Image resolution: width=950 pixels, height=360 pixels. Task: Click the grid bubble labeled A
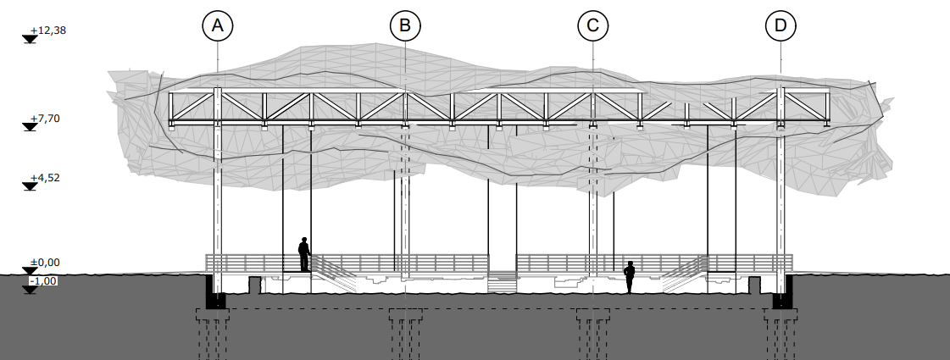(218, 25)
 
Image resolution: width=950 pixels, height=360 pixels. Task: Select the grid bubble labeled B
(405, 25)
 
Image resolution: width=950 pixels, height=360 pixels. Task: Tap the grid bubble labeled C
(592, 25)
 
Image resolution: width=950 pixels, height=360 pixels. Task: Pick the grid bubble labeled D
(780, 25)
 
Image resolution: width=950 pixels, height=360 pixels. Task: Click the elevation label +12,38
(47, 30)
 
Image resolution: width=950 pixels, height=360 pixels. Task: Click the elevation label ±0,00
(44, 263)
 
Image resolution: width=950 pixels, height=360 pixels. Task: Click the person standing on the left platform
(304, 254)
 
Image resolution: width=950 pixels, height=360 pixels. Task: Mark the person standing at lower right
(630, 277)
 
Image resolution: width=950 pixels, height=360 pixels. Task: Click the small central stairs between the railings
(503, 282)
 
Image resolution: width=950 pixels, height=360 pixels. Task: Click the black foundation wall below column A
(214, 292)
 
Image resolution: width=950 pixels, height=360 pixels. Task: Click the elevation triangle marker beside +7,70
(30, 127)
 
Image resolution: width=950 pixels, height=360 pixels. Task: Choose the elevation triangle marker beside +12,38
(30, 39)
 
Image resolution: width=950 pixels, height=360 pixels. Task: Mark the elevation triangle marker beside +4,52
(30, 186)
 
